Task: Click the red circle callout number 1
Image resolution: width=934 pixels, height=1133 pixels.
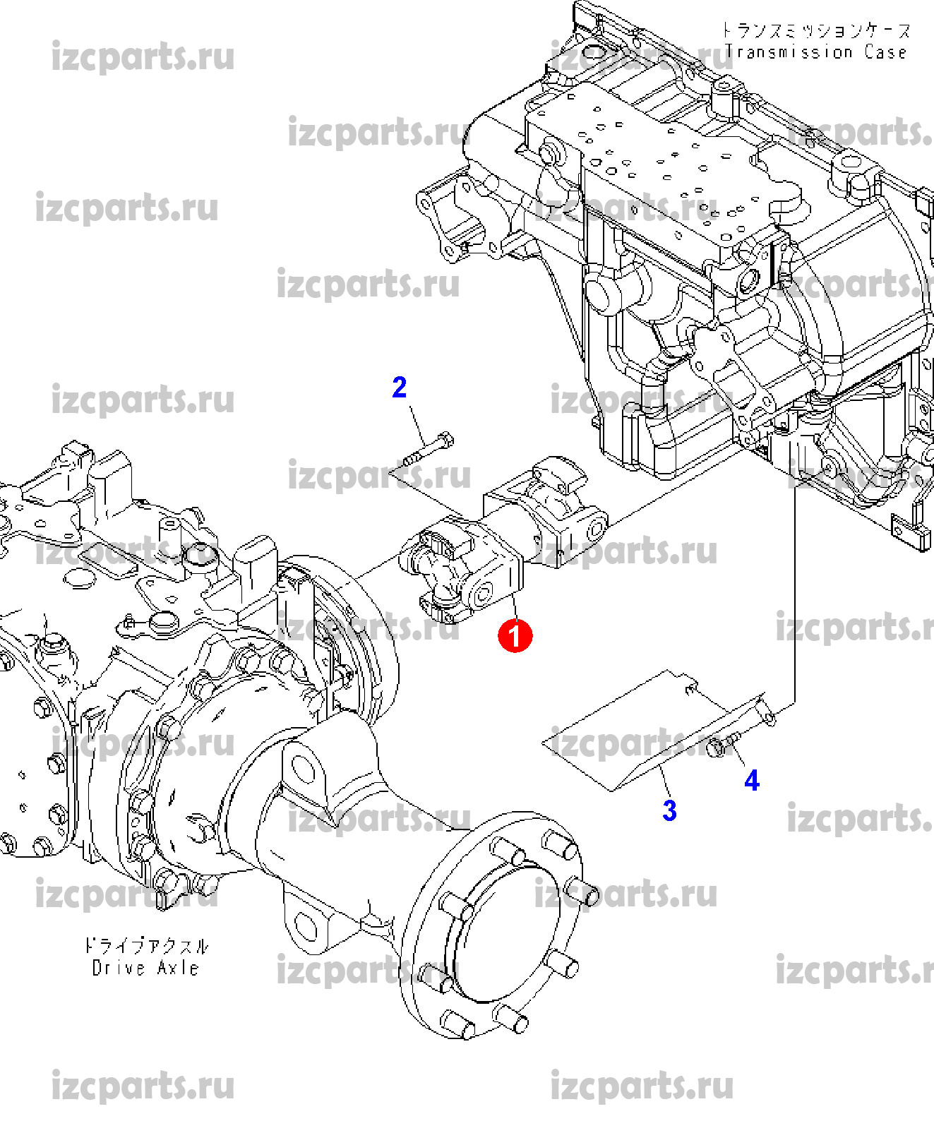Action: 515,635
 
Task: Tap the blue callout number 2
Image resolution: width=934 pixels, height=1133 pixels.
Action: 400,388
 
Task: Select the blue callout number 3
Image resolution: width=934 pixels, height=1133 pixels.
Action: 669,810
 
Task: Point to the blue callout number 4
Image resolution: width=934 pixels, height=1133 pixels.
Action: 752,781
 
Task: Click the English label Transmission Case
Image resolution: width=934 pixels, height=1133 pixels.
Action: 815,52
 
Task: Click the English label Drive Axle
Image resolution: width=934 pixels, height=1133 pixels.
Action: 145,968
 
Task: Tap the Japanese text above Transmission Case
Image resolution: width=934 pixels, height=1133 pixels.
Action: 815,30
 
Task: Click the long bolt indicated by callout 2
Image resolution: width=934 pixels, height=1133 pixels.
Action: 428,451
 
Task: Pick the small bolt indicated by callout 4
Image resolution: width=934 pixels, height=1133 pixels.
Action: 724,744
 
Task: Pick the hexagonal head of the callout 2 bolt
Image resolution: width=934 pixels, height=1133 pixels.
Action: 445,440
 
